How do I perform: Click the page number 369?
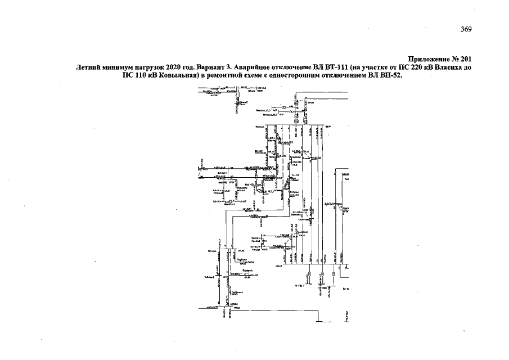[x=466, y=30]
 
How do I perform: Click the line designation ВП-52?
[x=393, y=75]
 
